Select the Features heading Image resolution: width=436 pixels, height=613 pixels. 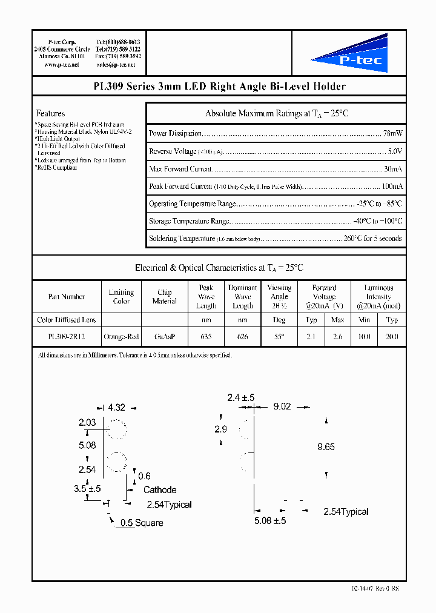[50, 113]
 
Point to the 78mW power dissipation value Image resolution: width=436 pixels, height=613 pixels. [392, 133]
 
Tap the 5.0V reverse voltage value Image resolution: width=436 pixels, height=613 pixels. [395, 151]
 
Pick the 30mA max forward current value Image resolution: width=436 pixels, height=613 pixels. [392, 169]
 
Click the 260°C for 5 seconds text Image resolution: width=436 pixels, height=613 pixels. [372, 239]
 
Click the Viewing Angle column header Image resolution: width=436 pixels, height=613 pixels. [279, 297]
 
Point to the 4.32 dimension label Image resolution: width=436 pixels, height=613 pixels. [116, 408]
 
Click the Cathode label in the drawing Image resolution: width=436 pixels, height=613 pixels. [160, 489]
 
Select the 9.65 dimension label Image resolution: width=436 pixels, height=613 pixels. [326, 447]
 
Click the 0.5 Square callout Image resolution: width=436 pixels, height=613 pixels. [142, 522]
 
